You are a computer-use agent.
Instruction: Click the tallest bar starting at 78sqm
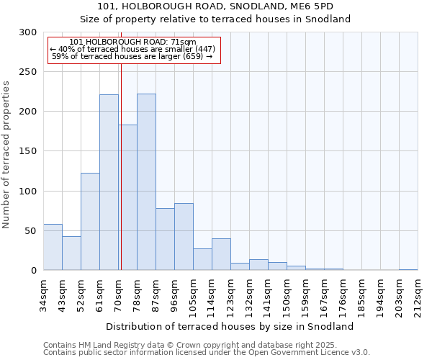click(x=146, y=182)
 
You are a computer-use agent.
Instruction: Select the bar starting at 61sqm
click(x=109, y=182)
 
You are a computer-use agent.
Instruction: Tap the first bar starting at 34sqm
click(x=53, y=247)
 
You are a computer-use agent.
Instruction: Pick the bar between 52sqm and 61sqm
click(x=90, y=222)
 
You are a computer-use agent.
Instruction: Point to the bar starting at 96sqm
click(x=184, y=237)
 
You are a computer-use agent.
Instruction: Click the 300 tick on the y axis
click(x=28, y=32)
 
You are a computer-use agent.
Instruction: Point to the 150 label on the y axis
click(x=28, y=151)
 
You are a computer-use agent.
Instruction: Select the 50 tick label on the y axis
click(x=31, y=231)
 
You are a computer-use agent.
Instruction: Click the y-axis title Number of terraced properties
click(x=6, y=154)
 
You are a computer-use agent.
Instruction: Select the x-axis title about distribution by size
click(x=230, y=326)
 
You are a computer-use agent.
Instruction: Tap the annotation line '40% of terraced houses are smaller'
click(x=132, y=49)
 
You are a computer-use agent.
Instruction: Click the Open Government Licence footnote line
click(x=207, y=353)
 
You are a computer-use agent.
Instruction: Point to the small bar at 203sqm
click(x=408, y=269)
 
